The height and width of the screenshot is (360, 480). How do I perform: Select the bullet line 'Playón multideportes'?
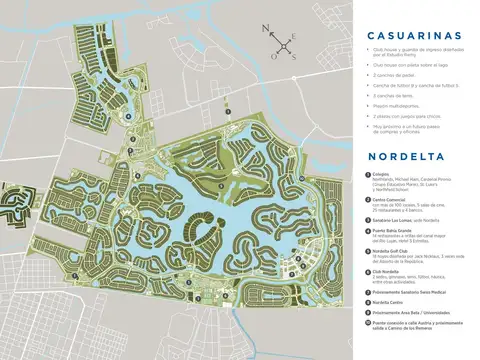[x=390, y=104]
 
